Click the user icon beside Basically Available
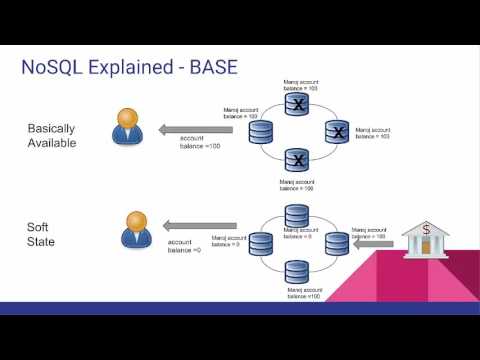126,128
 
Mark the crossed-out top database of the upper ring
296,104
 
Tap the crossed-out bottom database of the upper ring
296,158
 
